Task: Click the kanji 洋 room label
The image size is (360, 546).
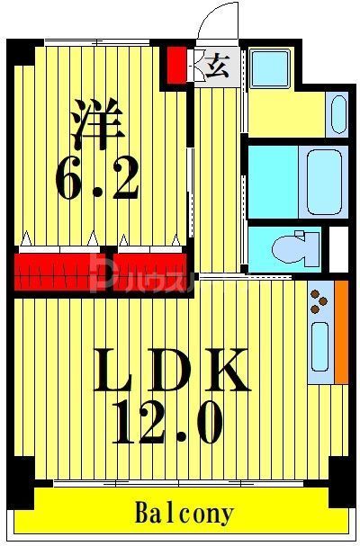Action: coord(95,124)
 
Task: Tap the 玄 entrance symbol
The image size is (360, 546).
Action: coord(217,67)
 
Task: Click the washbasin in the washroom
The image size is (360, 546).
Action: coord(338,114)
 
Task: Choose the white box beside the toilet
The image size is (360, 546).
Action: coord(338,249)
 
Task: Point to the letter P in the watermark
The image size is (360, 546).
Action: coord(101,271)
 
